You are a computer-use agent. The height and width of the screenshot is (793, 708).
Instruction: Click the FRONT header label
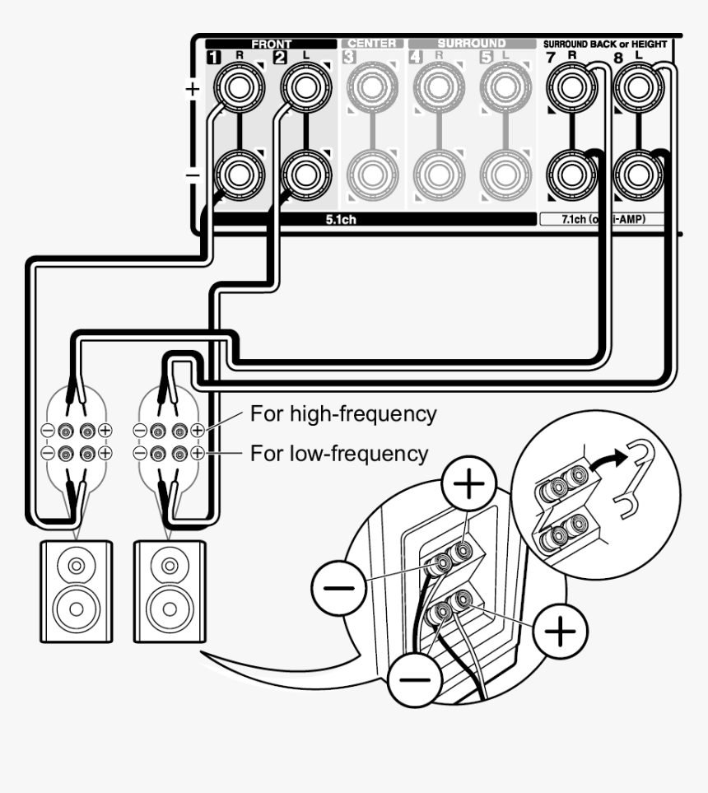click(271, 44)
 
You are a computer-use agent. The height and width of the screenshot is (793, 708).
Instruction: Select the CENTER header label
click(372, 44)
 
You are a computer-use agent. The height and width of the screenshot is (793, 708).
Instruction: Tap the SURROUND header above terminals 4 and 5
click(472, 44)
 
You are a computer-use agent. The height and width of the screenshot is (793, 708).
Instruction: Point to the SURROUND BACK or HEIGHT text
click(605, 43)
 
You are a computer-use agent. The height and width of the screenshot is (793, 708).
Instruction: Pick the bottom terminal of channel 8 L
click(638, 174)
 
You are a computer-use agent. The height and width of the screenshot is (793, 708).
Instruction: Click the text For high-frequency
click(343, 414)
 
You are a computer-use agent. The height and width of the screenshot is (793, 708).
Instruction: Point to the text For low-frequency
click(339, 453)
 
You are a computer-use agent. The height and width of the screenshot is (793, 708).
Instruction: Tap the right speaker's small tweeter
click(170, 567)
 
